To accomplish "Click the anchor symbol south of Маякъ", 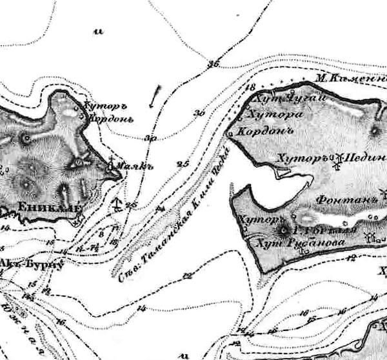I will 117,206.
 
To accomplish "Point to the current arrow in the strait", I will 153,96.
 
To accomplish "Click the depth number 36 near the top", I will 214,63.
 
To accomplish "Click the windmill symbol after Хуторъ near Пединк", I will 335,161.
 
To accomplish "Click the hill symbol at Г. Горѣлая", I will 283,230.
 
